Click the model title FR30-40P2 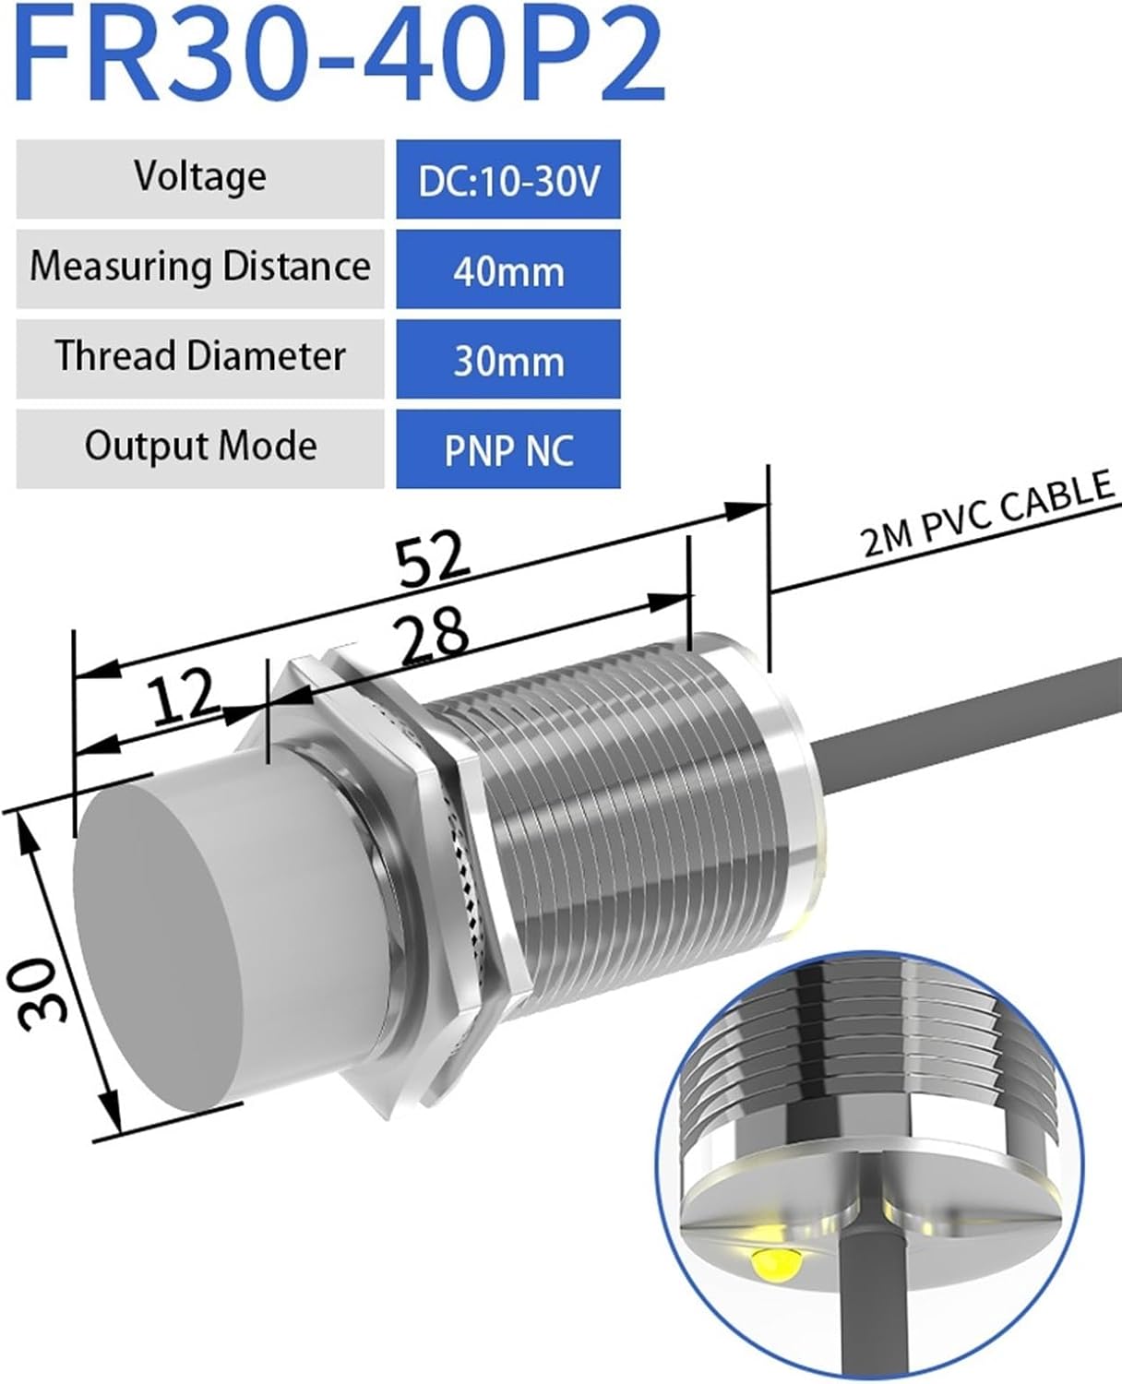pyautogui.click(x=340, y=57)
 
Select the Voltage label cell pyautogui.click(x=200, y=178)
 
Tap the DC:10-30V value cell pyautogui.click(x=508, y=180)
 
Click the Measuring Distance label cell pyautogui.click(x=200, y=268)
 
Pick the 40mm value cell pyautogui.click(x=508, y=270)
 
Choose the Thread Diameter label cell pyautogui.click(x=200, y=358)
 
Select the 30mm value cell pyautogui.click(x=508, y=360)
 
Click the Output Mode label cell pyautogui.click(x=200, y=447)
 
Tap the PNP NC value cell pyautogui.click(x=508, y=449)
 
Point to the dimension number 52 pyautogui.click(x=434, y=560)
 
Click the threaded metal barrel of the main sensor pyautogui.click(x=637, y=830)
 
